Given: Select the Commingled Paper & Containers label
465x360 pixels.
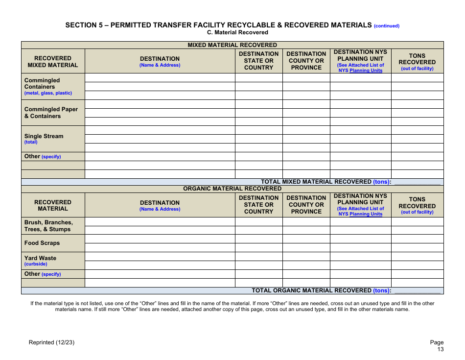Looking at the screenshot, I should coord(51,113).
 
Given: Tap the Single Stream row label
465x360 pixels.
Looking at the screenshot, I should coord(44,136).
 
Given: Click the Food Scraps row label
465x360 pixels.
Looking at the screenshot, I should coord(42,243).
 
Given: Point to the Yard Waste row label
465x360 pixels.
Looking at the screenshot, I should coord(40,258).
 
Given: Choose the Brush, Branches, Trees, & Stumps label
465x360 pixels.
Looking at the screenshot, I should coord(48,226).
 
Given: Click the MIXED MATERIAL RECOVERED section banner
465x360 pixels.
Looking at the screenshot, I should coord(232,45).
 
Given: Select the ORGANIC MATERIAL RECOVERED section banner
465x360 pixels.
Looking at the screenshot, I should coord(232,189).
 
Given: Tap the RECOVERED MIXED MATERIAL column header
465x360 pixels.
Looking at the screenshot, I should coord(53,62).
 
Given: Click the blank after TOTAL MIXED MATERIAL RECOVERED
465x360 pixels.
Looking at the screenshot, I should coord(417,182).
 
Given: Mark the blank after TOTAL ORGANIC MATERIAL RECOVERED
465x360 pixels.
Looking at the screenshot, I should coord(417,290).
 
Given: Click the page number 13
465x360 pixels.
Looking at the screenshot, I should coord(441,349).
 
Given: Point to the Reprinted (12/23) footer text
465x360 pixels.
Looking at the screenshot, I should coord(51,342).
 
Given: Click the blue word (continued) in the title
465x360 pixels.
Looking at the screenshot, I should coord(387,26).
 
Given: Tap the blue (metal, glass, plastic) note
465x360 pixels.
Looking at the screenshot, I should coord(48,93).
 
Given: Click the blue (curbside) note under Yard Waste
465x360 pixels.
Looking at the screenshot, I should coord(36,264).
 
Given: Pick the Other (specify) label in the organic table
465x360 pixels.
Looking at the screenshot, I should coord(43,274).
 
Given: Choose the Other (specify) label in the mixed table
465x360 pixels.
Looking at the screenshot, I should coord(43,157).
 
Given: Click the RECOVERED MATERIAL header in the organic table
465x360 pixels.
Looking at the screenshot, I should coord(53,205).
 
